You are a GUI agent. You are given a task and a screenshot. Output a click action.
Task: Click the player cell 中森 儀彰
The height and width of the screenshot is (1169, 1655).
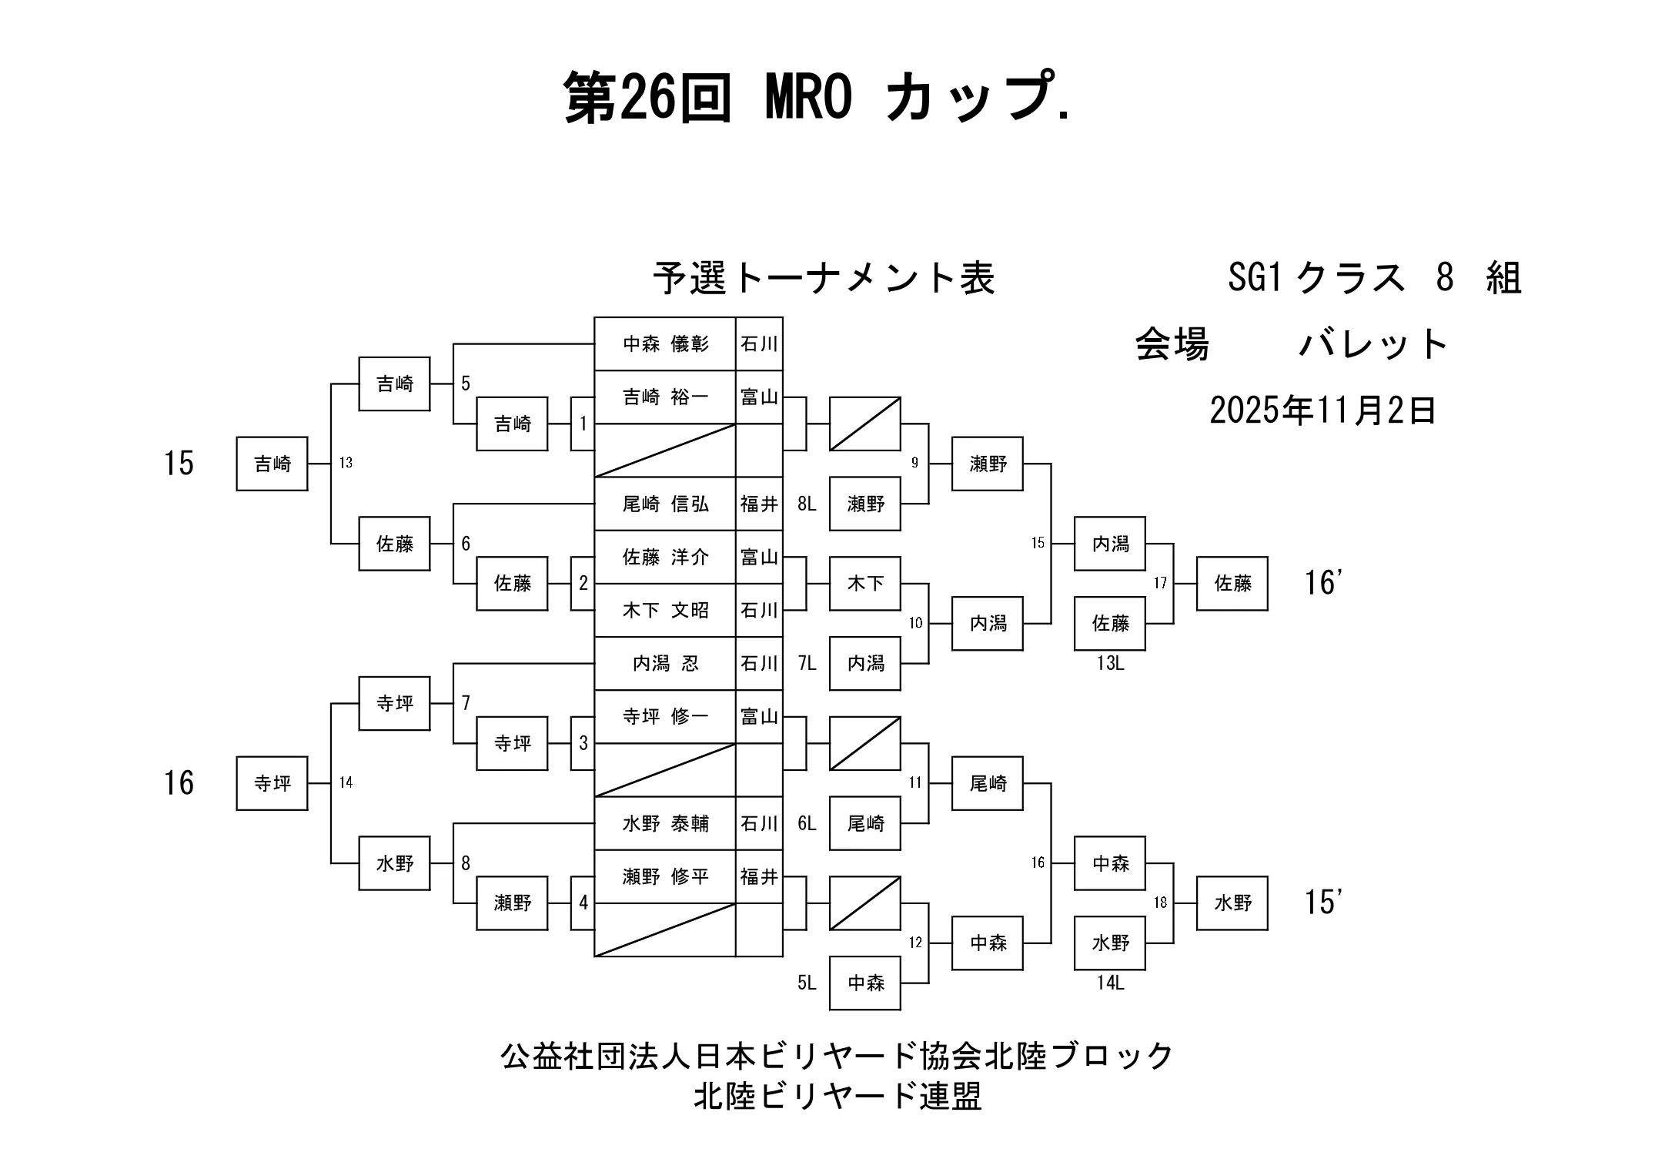click(x=665, y=343)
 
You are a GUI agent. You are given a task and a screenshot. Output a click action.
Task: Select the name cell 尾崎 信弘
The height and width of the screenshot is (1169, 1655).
click(x=665, y=504)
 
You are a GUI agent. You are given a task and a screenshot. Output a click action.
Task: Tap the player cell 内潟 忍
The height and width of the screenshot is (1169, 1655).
click(x=665, y=664)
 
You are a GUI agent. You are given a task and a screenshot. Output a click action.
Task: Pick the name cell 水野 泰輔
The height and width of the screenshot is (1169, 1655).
click(x=665, y=823)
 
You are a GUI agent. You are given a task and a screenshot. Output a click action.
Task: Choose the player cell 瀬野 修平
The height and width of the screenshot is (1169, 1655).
click(x=665, y=876)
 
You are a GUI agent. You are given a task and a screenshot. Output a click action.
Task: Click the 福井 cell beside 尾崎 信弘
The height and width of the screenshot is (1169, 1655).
click(x=759, y=504)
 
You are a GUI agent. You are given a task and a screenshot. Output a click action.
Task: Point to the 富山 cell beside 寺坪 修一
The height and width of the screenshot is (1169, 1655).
click(x=759, y=717)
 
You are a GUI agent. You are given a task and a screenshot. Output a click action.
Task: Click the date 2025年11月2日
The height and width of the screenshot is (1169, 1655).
click(x=1322, y=410)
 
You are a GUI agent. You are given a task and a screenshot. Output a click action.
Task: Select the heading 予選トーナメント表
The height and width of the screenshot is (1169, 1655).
click(x=824, y=279)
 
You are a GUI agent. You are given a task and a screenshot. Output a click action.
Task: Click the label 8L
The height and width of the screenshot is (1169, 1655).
click(x=806, y=504)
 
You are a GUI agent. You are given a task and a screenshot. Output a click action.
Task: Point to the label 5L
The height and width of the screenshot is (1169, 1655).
click(x=806, y=983)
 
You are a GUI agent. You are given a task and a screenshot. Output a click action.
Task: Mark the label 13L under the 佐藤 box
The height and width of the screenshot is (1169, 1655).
click(x=1110, y=663)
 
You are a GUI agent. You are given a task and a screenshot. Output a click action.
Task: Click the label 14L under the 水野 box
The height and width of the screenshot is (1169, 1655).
click(x=1110, y=983)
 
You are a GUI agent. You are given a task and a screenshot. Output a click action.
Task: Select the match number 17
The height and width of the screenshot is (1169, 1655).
click(x=1160, y=584)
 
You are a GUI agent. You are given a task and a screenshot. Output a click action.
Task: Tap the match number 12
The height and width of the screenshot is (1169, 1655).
click(x=914, y=943)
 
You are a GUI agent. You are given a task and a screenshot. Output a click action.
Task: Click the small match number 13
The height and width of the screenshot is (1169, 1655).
click(x=346, y=463)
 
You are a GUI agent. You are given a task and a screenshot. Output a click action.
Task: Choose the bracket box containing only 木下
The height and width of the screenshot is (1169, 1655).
click(x=864, y=584)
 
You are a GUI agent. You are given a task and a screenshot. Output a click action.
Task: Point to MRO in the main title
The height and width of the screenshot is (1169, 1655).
click(x=809, y=98)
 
